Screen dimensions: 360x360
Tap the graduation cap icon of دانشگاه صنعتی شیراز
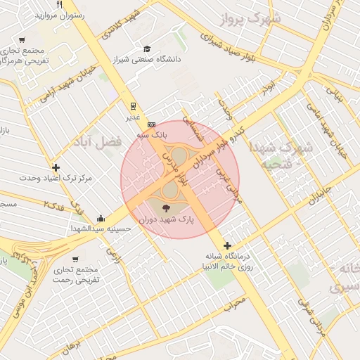(x=147, y=49)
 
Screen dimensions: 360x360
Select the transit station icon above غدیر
(x=132, y=106)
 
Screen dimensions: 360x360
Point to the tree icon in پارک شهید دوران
(x=166, y=208)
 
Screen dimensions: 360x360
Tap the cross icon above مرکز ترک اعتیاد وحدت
(x=56, y=167)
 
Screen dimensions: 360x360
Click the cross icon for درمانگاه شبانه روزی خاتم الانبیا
(x=226, y=245)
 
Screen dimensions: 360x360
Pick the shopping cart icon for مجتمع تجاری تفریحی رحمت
(x=75, y=259)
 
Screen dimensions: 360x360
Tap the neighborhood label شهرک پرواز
(x=247, y=20)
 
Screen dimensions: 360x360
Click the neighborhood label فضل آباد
(x=96, y=143)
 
